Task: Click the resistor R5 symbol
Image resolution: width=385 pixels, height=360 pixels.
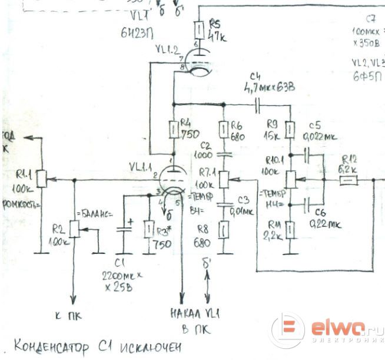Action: pyautogui.click(x=200, y=28)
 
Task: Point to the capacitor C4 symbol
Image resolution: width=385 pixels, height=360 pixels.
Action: pyautogui.click(x=257, y=104)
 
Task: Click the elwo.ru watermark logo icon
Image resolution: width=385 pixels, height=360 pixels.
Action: pyautogui.click(x=288, y=329)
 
